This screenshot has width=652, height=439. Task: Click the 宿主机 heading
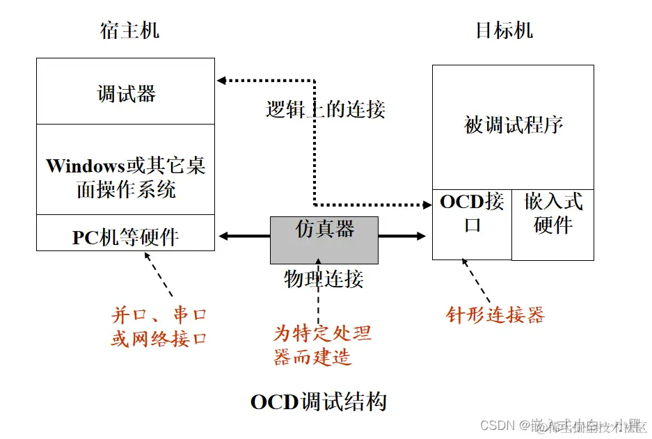(x=129, y=31)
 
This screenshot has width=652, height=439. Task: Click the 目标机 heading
(x=504, y=31)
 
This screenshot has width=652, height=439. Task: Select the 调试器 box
(x=126, y=93)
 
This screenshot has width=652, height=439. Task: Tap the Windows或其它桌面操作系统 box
(x=126, y=177)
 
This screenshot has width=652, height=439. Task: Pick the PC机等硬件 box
(x=126, y=237)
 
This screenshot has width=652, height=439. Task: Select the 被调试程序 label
(x=514, y=125)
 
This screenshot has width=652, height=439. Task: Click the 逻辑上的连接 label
(x=325, y=109)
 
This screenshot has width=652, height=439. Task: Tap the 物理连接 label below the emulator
(x=324, y=279)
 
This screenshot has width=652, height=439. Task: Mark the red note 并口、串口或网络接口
(x=159, y=326)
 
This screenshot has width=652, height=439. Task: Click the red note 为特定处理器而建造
(x=321, y=344)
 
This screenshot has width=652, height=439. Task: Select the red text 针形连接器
(x=495, y=315)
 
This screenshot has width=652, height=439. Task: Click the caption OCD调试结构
(x=318, y=401)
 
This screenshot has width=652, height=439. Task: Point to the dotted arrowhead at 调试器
(x=221, y=81)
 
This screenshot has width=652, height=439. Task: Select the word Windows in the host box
(x=85, y=166)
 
